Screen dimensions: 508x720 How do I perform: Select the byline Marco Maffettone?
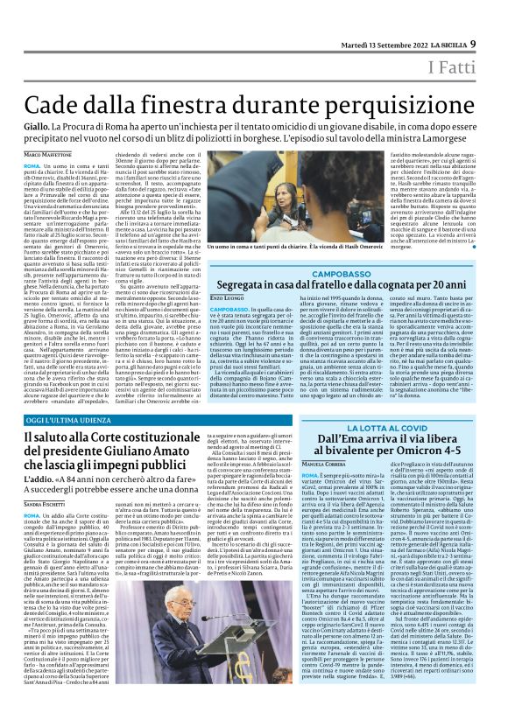click(44, 154)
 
